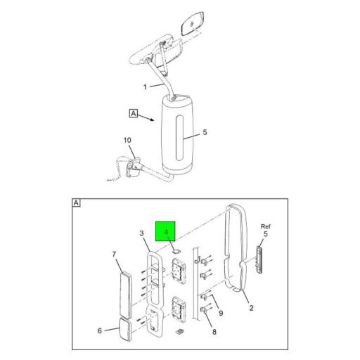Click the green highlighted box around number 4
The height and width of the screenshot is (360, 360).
(x=166, y=231)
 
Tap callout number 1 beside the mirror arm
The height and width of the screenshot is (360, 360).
(x=145, y=87)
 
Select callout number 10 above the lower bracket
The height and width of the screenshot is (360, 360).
(x=127, y=141)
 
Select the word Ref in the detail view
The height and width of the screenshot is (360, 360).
(x=265, y=226)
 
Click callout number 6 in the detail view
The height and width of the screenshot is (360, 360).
(x=98, y=330)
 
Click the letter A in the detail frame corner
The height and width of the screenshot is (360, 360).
(x=75, y=202)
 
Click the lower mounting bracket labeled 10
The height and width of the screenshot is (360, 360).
(x=131, y=169)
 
